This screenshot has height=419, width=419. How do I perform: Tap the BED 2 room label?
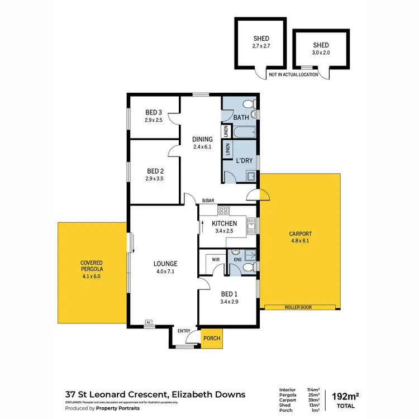click(x=155, y=171)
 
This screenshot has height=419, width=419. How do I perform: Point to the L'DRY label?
click(x=244, y=161)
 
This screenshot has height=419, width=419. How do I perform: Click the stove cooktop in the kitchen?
click(x=223, y=211)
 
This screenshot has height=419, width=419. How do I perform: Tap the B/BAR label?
click(x=208, y=201)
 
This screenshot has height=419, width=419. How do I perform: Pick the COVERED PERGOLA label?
click(x=91, y=265)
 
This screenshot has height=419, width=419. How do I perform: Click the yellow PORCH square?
click(x=211, y=339)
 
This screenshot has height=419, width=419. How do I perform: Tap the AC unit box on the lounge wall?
click(x=148, y=322)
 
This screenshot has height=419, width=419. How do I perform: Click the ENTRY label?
click(x=184, y=331)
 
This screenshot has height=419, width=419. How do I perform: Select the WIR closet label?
click(x=215, y=260)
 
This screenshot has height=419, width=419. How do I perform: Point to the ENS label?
click(x=237, y=260)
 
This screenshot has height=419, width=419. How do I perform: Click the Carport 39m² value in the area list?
click(x=313, y=399)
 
